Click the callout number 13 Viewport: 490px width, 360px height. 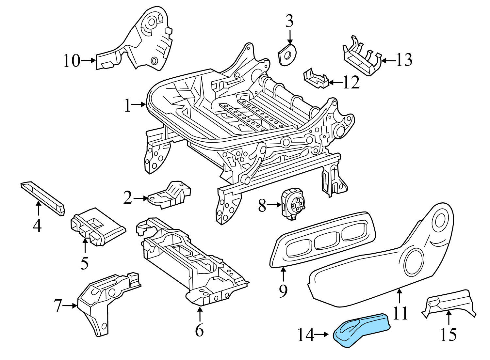click(404, 60)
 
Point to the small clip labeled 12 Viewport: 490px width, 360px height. click(315, 78)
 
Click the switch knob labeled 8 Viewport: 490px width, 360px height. click(293, 203)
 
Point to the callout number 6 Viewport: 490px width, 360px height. click(199, 330)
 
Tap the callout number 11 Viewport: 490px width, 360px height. click(400, 313)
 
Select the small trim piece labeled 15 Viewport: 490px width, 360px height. click(449, 302)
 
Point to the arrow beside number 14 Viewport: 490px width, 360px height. click(322, 335)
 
